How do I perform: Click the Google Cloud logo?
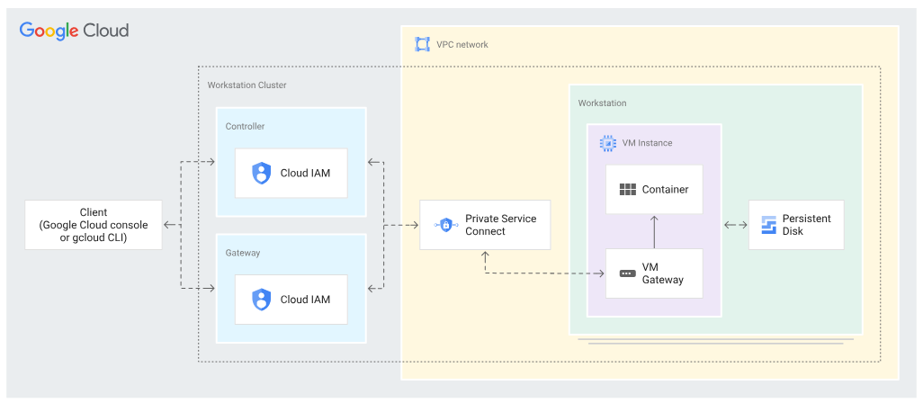point(74,31)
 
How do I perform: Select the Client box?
point(94,225)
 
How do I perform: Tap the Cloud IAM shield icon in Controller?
point(261,173)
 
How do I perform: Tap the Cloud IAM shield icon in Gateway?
point(261,299)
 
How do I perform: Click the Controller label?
point(245,126)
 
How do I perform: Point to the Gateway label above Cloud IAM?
point(243,253)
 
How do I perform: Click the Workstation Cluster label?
point(246,85)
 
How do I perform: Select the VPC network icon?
point(422,44)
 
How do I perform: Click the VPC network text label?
point(462,44)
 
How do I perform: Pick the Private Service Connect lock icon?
point(445,225)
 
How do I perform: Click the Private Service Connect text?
point(501,225)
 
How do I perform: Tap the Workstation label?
point(602,103)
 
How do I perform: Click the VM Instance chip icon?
point(607,143)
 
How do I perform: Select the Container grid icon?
point(628,189)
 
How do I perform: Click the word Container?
point(665,189)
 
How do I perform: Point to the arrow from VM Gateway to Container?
point(654,231)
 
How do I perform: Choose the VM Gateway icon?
point(628,273)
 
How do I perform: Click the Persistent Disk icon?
point(768,225)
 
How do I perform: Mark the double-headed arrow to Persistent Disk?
point(736,225)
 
